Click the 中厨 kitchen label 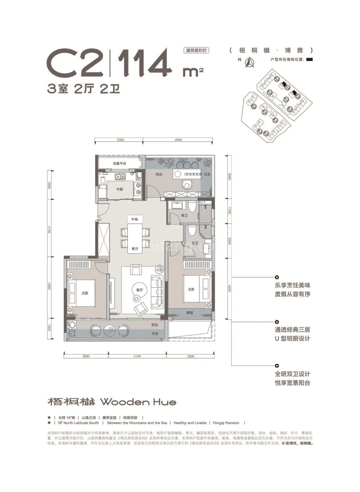(x=120, y=189)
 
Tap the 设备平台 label (x=119, y=164)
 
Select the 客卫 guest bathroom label (x=184, y=216)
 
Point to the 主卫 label (x=195, y=243)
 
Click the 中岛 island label (x=134, y=220)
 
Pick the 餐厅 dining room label (x=135, y=248)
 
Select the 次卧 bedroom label (x=85, y=293)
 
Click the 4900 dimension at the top (x=178, y=140)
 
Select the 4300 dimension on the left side (x=49, y=286)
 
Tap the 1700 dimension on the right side (x=229, y=211)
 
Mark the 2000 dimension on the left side (x=49, y=185)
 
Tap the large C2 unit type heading (x=75, y=62)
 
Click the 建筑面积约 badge (x=196, y=50)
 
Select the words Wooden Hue (x=138, y=402)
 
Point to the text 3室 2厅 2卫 (x=84, y=89)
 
